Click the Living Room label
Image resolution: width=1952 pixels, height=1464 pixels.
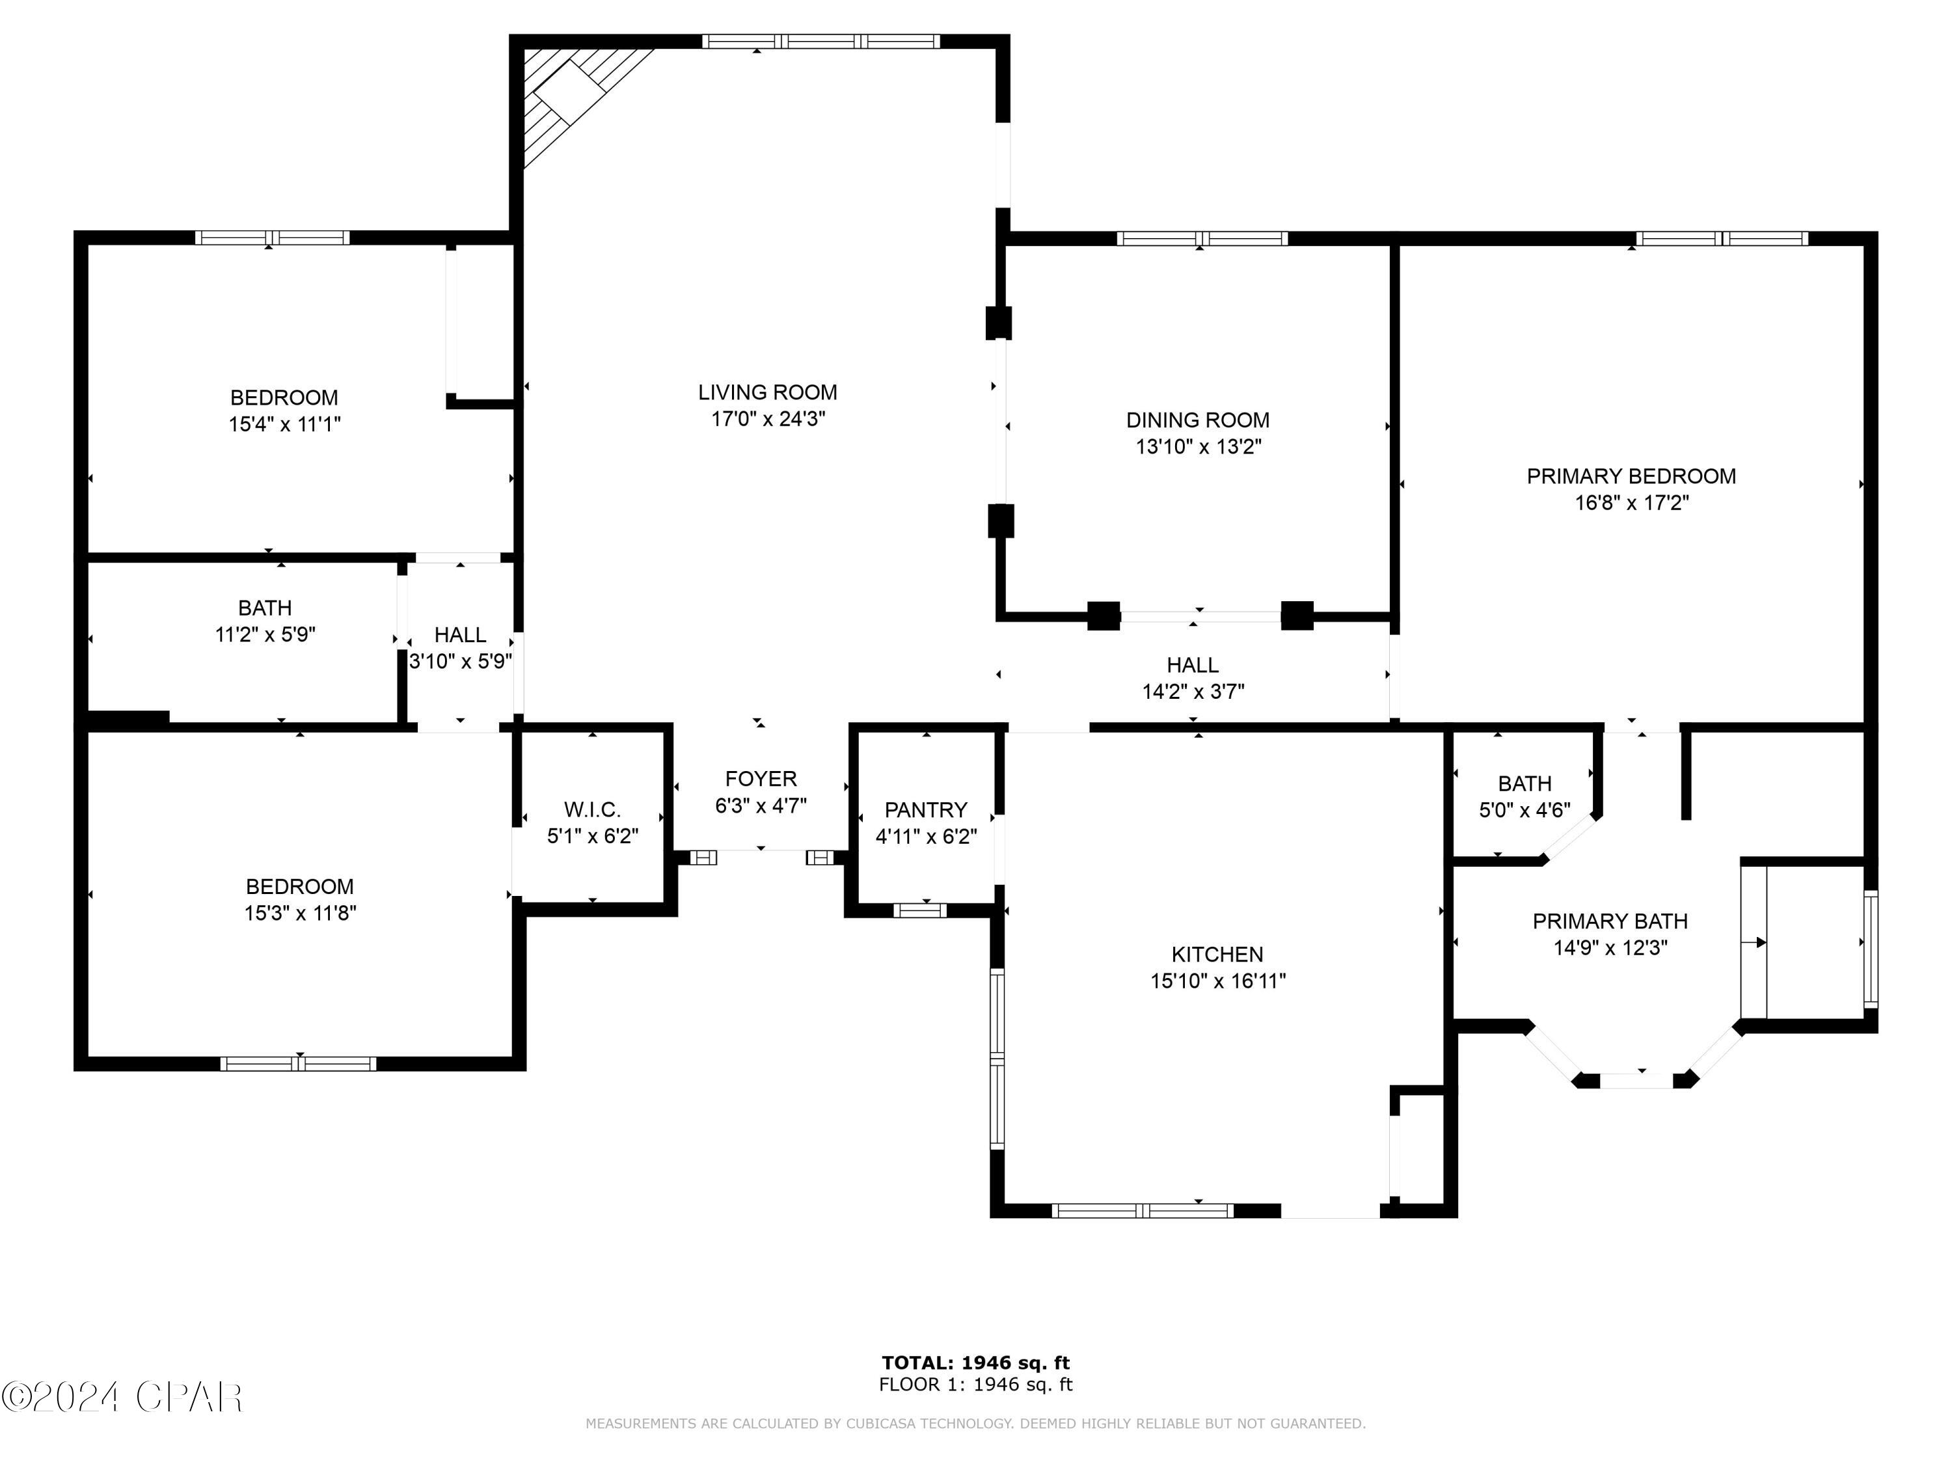click(x=767, y=392)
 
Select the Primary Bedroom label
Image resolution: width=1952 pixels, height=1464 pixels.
click(x=1631, y=476)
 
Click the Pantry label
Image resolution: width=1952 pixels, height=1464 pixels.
click(x=926, y=809)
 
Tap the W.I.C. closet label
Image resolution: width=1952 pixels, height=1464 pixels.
click(x=592, y=809)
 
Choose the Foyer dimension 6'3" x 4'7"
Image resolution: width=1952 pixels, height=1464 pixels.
click(x=760, y=806)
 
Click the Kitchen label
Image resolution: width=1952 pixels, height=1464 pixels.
click(x=1217, y=954)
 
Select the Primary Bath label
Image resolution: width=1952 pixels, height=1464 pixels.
click(x=1610, y=921)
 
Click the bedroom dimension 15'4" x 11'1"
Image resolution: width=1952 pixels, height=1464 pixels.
click(x=284, y=424)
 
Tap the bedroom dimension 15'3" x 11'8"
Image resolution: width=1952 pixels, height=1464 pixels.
click(x=300, y=914)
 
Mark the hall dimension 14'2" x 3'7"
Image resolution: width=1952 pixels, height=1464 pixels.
click(x=1193, y=692)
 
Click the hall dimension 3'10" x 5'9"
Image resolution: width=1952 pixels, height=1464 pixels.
click(x=460, y=662)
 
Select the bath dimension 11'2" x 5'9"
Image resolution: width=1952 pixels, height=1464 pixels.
click(x=265, y=634)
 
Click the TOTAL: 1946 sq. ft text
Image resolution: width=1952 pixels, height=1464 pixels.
click(x=975, y=1362)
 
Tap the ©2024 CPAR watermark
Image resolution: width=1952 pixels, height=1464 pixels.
click(x=122, y=1397)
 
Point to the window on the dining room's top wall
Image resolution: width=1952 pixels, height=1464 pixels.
click(x=1201, y=238)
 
